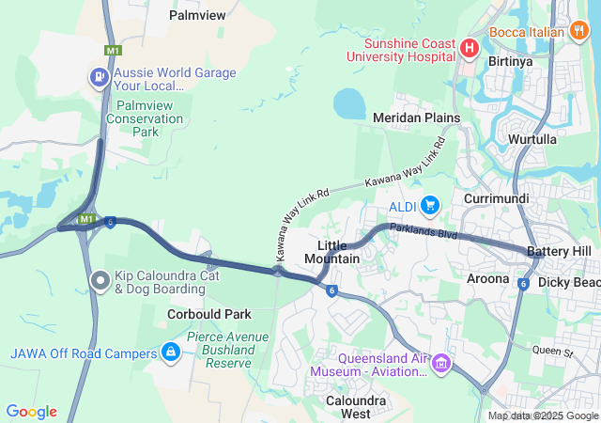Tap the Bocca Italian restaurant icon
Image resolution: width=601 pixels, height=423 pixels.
point(579,31)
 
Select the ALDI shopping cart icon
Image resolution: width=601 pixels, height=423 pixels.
point(430,205)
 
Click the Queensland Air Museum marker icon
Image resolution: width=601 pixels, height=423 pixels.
point(441,363)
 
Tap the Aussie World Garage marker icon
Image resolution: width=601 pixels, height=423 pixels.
point(99,76)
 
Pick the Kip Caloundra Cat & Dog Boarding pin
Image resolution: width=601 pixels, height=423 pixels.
point(100,280)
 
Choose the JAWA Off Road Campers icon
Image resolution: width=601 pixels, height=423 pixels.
point(170,352)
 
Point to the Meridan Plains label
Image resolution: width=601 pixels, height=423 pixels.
point(416,117)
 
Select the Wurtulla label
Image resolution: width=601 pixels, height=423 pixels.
point(532,139)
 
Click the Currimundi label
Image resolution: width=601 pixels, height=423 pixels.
point(497,199)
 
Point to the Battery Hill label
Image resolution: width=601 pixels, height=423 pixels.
point(559,252)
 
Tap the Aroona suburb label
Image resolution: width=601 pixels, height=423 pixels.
point(488,278)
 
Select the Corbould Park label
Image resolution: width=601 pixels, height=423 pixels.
point(209,313)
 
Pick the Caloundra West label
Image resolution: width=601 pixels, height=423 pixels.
point(343,407)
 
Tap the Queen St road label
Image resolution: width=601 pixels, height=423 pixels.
point(552,352)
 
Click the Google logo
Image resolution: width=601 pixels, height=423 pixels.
point(31,412)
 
